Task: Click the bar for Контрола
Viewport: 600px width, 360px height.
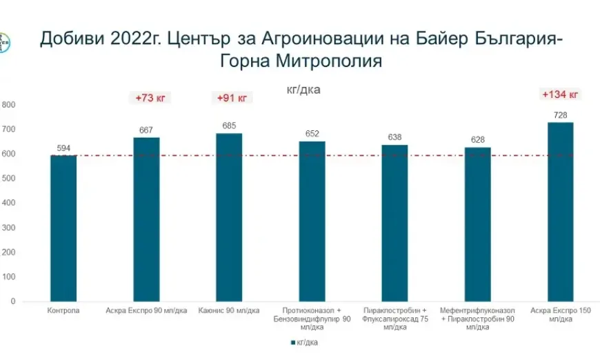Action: (63, 228)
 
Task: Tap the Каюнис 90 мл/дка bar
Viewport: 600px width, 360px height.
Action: (229, 217)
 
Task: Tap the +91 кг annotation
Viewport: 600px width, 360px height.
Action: (232, 98)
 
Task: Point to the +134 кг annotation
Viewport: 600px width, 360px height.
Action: (560, 94)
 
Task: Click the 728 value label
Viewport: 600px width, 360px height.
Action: (560, 114)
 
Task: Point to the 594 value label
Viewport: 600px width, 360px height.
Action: (63, 148)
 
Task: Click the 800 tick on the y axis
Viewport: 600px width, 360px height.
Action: (8, 105)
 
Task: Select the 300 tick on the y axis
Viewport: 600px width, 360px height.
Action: (8, 228)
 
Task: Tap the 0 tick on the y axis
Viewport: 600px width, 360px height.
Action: (12, 301)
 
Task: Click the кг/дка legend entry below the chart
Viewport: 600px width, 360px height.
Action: (304, 343)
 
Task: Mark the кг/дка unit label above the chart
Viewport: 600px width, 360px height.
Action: (303, 89)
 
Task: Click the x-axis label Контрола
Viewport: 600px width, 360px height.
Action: (63, 311)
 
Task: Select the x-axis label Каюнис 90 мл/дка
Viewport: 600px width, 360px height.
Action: (229, 311)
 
